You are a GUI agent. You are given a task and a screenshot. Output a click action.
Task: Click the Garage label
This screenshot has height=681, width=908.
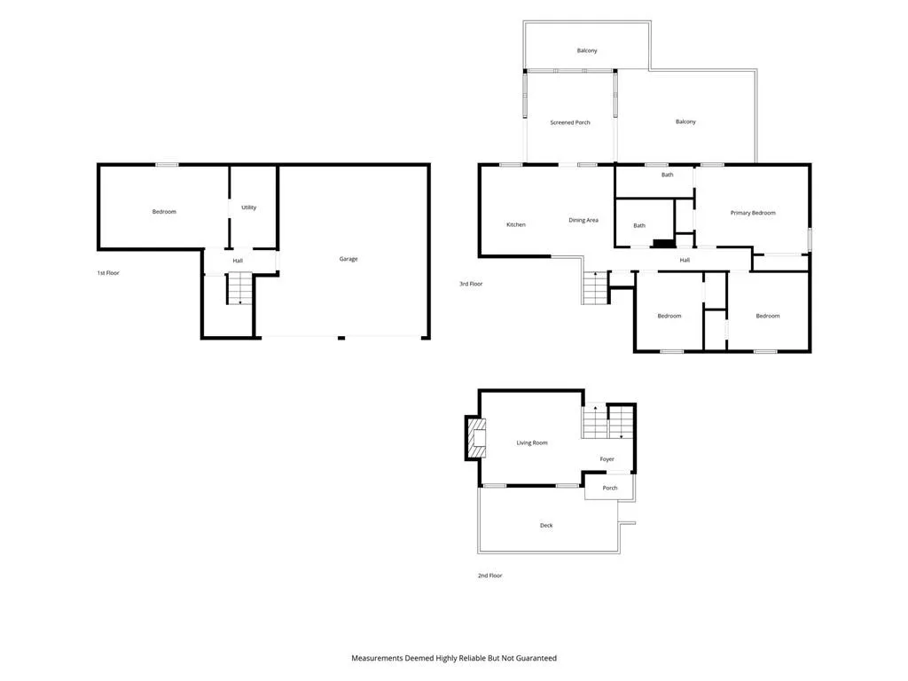pyautogui.click(x=348, y=259)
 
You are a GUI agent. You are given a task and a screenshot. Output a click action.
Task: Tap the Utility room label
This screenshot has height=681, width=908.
pyautogui.click(x=248, y=207)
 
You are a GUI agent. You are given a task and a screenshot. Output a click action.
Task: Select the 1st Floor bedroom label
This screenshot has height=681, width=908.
pyautogui.click(x=164, y=211)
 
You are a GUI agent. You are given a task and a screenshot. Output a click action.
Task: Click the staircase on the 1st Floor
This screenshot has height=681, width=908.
pyautogui.click(x=239, y=288)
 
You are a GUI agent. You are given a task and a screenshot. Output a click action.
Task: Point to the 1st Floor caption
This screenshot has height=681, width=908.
pyautogui.click(x=108, y=273)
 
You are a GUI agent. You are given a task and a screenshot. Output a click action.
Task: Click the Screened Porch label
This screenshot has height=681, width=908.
pyautogui.click(x=570, y=122)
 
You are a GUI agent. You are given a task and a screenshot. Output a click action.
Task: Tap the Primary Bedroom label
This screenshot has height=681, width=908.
pyautogui.click(x=753, y=213)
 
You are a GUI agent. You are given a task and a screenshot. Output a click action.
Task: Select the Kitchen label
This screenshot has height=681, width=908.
pyautogui.click(x=516, y=224)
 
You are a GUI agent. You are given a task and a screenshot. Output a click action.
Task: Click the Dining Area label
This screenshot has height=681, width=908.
pyautogui.click(x=583, y=220)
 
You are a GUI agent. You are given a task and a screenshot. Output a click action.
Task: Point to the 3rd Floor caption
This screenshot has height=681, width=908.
pyautogui.click(x=471, y=284)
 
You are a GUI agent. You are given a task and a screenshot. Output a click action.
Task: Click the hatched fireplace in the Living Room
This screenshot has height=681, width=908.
pyautogui.click(x=476, y=438)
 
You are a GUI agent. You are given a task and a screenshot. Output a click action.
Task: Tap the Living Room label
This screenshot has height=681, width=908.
pyautogui.click(x=532, y=443)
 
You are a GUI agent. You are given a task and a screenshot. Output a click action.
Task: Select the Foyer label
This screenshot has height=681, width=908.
pyautogui.click(x=607, y=459)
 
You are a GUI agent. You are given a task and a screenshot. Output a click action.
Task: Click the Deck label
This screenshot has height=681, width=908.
pyautogui.click(x=546, y=525)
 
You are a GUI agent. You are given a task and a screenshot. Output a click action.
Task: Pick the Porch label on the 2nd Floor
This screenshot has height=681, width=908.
pyautogui.click(x=610, y=488)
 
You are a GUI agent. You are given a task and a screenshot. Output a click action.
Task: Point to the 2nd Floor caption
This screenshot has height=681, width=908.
pyautogui.click(x=489, y=575)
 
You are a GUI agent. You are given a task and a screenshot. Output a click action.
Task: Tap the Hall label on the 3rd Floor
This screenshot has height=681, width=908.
pyautogui.click(x=685, y=260)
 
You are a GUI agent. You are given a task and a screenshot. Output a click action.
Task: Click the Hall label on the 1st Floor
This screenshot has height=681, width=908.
pyautogui.click(x=238, y=261)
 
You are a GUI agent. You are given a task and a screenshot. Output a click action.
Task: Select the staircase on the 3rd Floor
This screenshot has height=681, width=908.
pyautogui.click(x=595, y=288)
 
